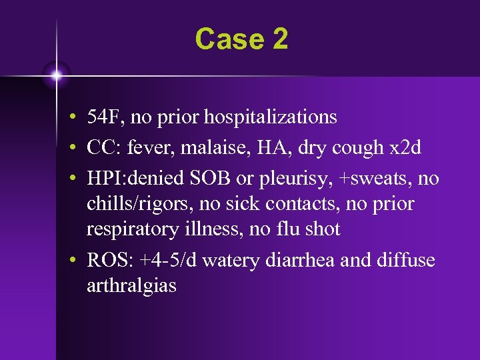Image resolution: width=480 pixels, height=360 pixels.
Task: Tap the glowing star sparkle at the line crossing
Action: (x=56, y=75)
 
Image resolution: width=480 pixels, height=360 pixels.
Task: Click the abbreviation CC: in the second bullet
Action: (x=104, y=147)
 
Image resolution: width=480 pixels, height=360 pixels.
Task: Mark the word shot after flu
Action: (x=322, y=229)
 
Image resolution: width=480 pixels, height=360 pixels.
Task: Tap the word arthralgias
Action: (x=131, y=286)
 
